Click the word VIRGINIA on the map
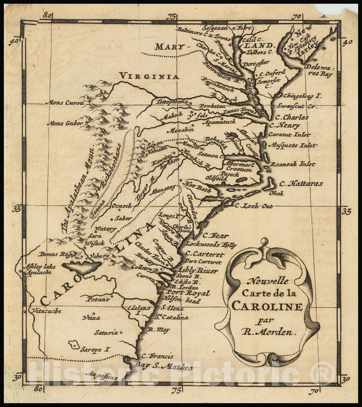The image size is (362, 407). coord(149,76)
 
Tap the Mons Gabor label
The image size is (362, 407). coord(65,124)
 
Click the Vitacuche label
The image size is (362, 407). coord(46,311)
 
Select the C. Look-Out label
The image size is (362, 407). coord(254,206)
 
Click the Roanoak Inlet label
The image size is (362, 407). coord(293,164)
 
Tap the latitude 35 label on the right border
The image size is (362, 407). coord(347,211)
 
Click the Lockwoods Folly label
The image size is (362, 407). coord(211,245)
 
